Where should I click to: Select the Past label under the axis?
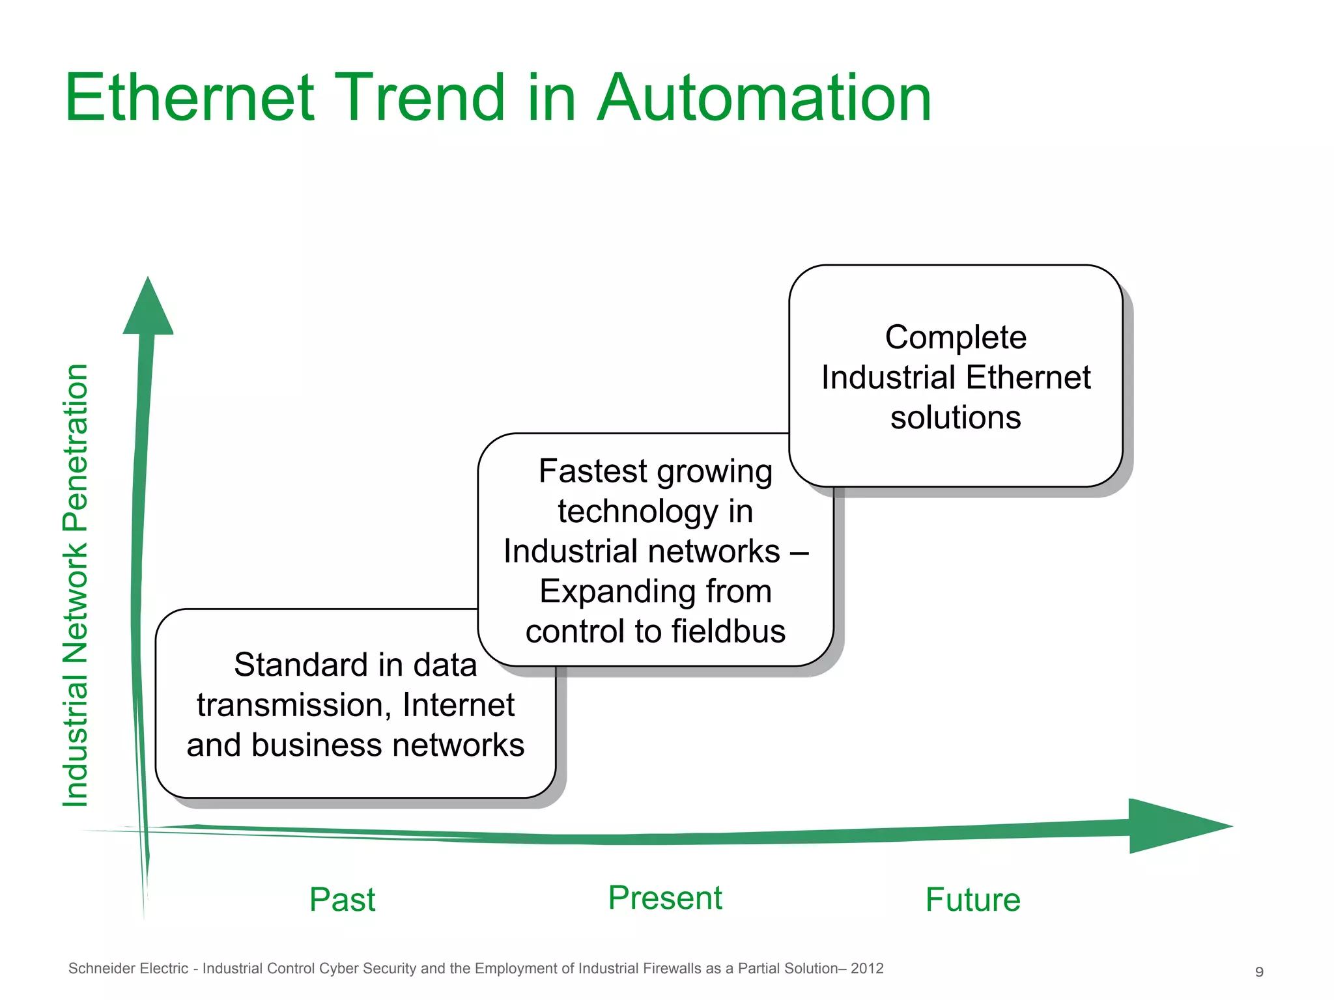(342, 900)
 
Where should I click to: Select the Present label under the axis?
(665, 898)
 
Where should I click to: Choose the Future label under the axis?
(972, 900)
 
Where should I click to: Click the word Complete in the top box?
(956, 337)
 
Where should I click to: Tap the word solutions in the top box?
(956, 417)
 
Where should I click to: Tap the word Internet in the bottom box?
(459, 705)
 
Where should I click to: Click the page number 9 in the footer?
(1259, 972)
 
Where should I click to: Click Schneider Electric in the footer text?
(128, 969)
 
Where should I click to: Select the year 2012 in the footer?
(867, 969)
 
